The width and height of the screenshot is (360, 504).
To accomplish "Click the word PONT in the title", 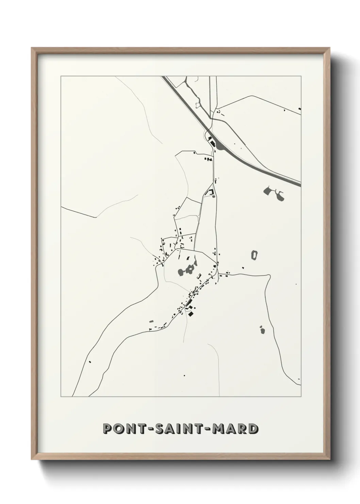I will point(123,429).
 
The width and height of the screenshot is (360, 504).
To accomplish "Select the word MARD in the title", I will point(235,429).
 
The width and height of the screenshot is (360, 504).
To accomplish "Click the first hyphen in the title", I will point(148,429).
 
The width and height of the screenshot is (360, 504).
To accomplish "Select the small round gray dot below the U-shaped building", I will point(213,196).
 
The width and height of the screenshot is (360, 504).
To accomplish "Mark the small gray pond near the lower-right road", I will point(262,330).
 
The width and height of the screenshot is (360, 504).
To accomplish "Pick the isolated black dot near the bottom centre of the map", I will point(184,375).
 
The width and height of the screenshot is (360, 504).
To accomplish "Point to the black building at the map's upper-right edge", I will point(299,109).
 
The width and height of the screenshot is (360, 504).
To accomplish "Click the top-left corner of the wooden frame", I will point(32,49).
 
